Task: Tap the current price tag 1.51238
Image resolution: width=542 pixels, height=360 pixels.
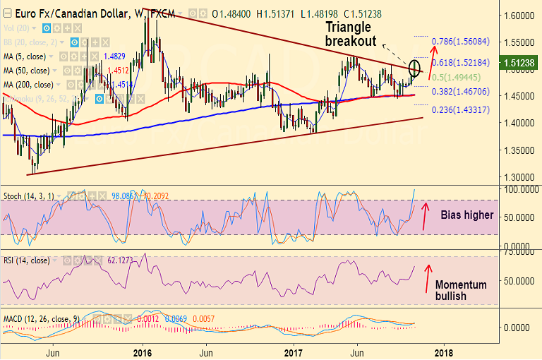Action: tap(520, 63)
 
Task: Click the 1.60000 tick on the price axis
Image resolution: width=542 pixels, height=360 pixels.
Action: tap(519, 15)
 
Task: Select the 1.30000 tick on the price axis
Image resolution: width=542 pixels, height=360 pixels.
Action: tap(519, 177)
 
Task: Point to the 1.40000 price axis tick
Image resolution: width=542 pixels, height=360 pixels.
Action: tap(519, 123)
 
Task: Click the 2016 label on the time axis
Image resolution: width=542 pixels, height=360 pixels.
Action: tap(143, 352)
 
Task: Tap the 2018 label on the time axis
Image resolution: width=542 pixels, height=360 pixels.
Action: tap(443, 352)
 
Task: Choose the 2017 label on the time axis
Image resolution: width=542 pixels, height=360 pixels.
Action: tap(294, 352)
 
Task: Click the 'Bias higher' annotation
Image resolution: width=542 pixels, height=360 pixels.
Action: tap(467, 215)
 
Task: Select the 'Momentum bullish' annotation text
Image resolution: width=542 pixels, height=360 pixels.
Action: tap(461, 290)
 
